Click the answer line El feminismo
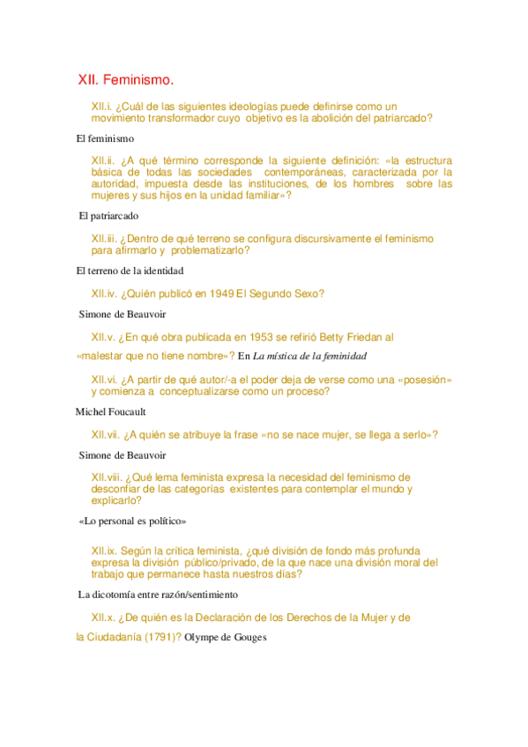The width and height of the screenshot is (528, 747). click(105, 138)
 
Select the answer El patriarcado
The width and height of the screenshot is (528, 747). click(108, 216)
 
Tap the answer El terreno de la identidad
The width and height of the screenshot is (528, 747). click(130, 270)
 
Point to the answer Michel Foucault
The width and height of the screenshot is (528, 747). click(110, 411)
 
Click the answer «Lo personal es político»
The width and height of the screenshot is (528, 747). click(133, 521)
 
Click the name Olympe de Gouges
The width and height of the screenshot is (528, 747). click(226, 637)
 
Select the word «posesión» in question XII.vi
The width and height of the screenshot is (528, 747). click(425, 379)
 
